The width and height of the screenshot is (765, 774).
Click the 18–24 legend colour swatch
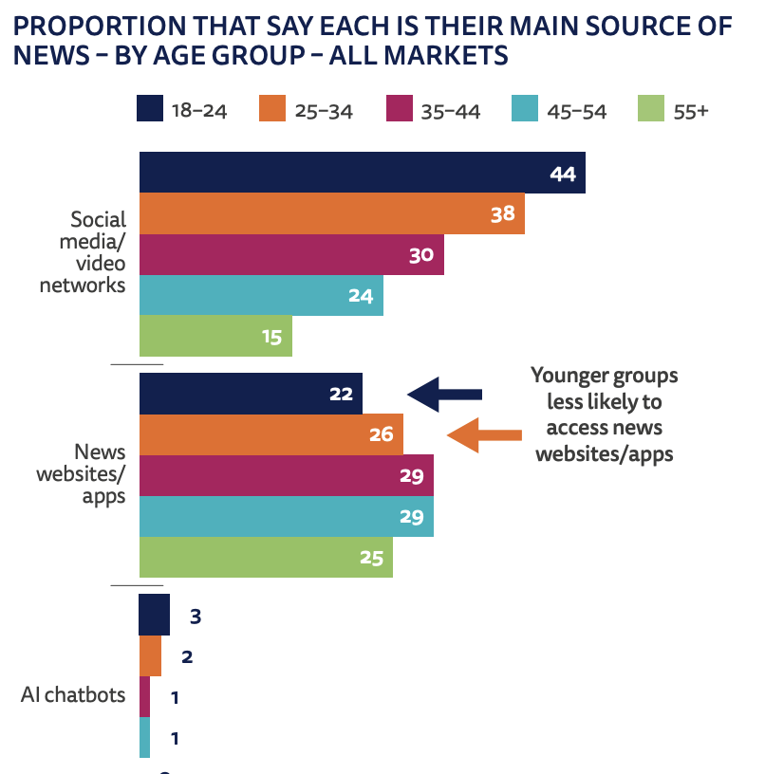(150, 109)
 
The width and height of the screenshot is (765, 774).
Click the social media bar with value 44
(362, 173)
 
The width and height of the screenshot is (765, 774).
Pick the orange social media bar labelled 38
(331, 213)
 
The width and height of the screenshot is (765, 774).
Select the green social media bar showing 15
(215, 336)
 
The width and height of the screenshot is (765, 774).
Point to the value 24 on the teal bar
(360, 296)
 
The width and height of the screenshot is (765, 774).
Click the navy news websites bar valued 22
(251, 394)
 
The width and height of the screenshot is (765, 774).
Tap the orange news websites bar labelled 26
(271, 434)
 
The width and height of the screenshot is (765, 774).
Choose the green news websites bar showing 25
(266, 557)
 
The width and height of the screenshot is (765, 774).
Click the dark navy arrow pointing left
(444, 394)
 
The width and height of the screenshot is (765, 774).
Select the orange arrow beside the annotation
(484, 435)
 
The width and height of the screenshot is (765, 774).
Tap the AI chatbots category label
(73, 695)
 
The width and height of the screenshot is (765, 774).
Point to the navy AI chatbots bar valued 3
(154, 616)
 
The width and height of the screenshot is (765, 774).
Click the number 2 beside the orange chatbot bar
(187, 656)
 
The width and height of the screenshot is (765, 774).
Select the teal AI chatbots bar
(144, 737)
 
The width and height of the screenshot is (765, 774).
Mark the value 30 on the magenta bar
(421, 255)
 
